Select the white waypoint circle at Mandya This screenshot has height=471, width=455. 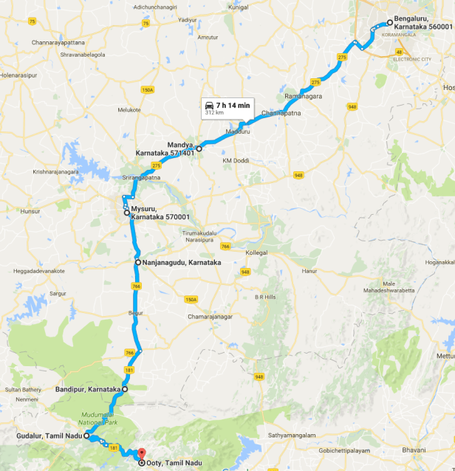(x=199, y=148)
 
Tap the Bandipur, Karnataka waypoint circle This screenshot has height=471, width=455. (x=125, y=389)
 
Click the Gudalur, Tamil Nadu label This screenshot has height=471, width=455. (x=48, y=436)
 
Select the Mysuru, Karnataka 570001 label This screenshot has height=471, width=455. (x=160, y=213)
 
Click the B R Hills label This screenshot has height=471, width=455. (x=264, y=297)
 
